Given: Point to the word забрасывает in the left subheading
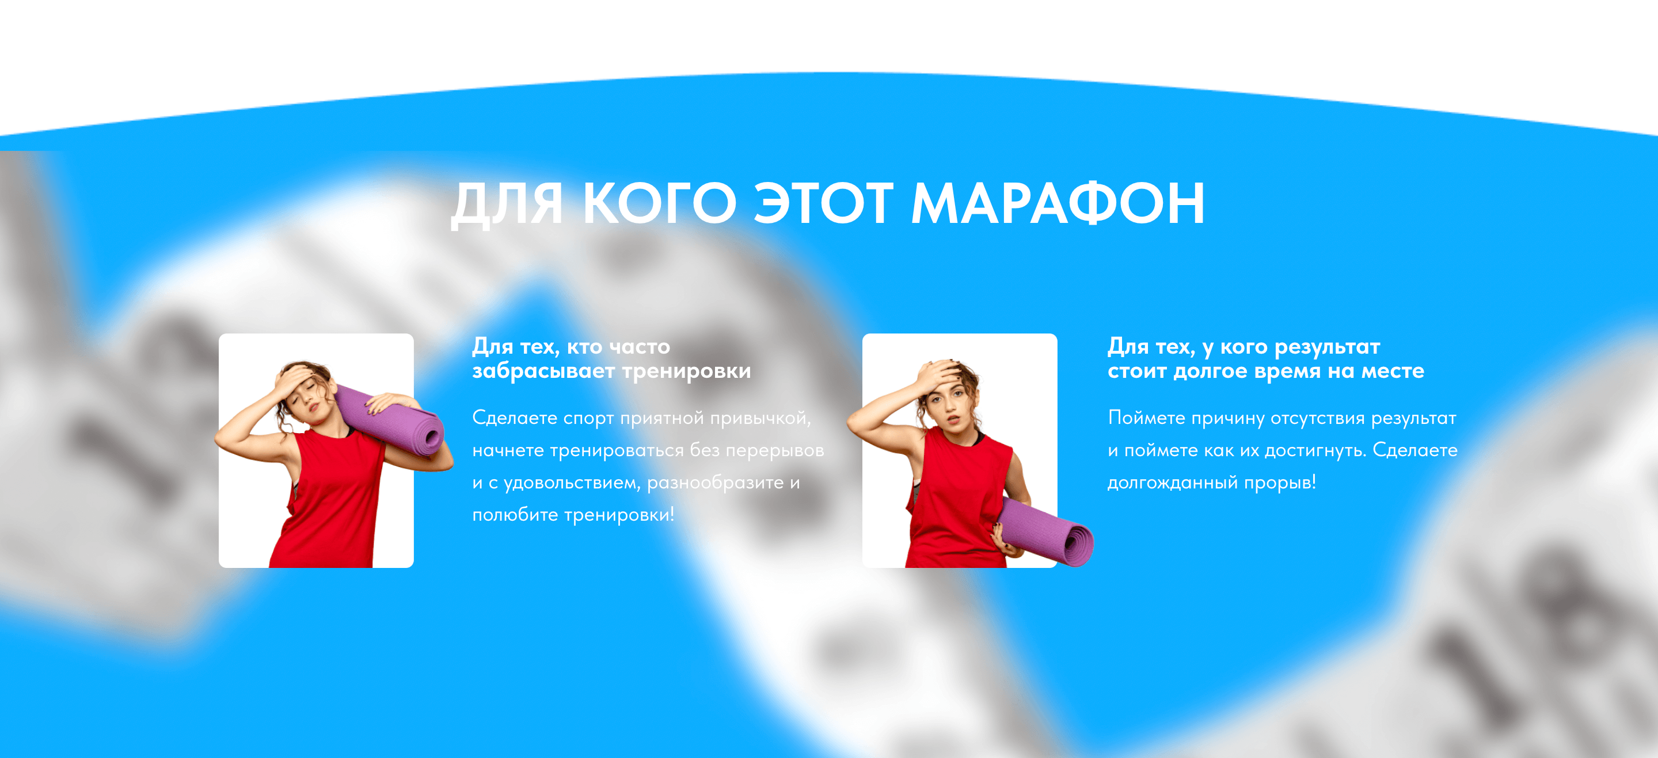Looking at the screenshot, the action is coord(544,371).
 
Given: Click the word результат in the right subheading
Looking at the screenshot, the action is coord(1327,347).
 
